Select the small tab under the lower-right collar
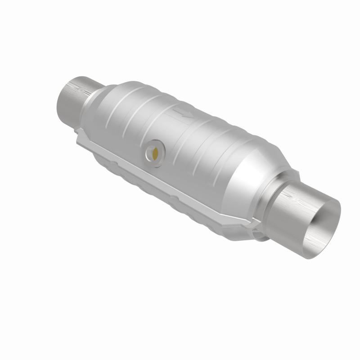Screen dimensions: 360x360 tap(259, 234)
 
